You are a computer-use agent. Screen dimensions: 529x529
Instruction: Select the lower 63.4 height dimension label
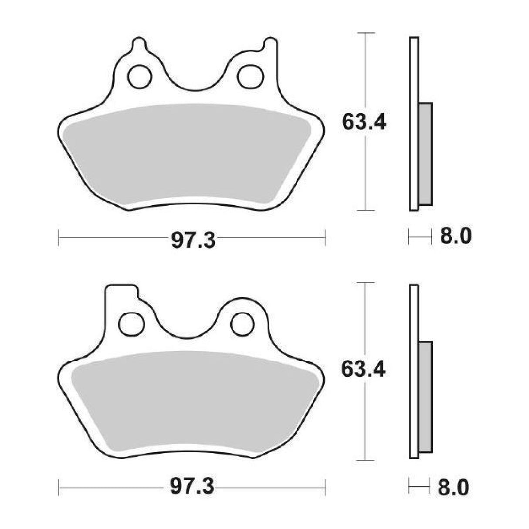pyautogui.click(x=364, y=370)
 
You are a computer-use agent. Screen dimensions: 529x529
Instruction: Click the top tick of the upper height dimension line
pyautogui.click(x=365, y=33)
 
